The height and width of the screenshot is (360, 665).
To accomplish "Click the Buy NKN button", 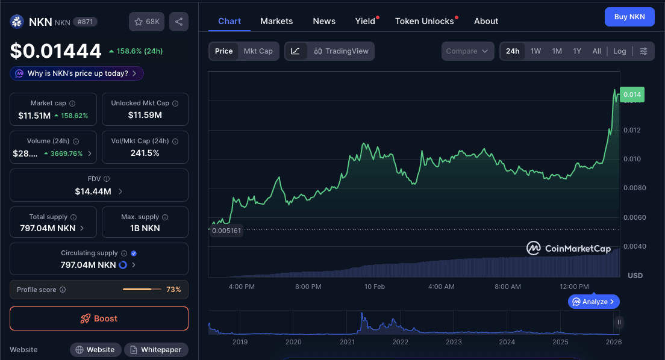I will (x=629, y=17).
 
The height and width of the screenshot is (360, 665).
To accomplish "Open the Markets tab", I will (x=276, y=21).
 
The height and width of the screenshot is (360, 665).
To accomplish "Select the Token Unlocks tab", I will (x=424, y=21).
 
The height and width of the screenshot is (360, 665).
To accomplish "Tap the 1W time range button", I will (x=535, y=51).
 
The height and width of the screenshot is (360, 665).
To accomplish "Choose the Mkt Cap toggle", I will (x=258, y=51).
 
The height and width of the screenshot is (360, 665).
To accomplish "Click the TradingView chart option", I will (x=341, y=51).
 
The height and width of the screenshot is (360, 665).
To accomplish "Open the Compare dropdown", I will (x=467, y=51).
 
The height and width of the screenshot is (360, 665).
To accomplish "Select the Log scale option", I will (x=619, y=51).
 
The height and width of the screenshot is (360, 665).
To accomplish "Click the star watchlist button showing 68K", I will (x=146, y=22).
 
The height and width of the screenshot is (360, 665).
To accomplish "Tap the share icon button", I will (x=179, y=22).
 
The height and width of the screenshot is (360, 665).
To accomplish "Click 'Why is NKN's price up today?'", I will (x=77, y=73).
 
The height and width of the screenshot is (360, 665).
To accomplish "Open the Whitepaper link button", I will (x=155, y=350).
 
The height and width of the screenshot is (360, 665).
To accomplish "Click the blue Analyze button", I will (x=593, y=302).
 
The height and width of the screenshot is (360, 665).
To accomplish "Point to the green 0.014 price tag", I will (x=632, y=95).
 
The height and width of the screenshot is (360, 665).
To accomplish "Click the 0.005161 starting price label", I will (x=226, y=230).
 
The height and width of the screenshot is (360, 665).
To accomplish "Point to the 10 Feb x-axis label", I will (x=375, y=287).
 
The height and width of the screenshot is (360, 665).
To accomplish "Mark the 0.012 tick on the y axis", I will (x=632, y=130).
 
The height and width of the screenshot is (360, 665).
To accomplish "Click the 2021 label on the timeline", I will (x=347, y=342).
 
